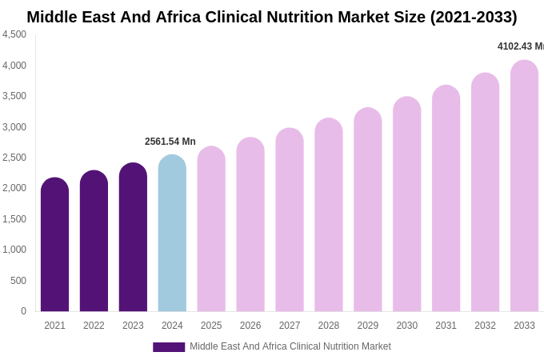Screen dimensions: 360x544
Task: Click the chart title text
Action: [x=272, y=17]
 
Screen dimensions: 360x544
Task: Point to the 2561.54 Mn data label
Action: [x=170, y=142]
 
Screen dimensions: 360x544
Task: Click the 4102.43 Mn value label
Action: [x=520, y=46]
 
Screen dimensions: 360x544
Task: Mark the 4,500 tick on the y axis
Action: [x=14, y=34]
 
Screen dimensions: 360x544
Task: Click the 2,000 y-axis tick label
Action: [x=14, y=188]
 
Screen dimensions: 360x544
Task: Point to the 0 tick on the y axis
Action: [x=23, y=311]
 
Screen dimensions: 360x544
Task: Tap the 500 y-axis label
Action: [x=18, y=281]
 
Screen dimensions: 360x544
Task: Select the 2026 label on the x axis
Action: [x=250, y=326]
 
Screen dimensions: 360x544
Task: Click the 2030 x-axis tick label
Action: [x=406, y=326]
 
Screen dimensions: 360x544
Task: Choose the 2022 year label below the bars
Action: [x=94, y=326]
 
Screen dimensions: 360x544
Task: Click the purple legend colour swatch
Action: [x=169, y=347]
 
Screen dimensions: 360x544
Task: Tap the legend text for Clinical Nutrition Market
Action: [x=290, y=346]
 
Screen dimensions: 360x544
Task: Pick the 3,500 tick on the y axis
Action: [x=14, y=96]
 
